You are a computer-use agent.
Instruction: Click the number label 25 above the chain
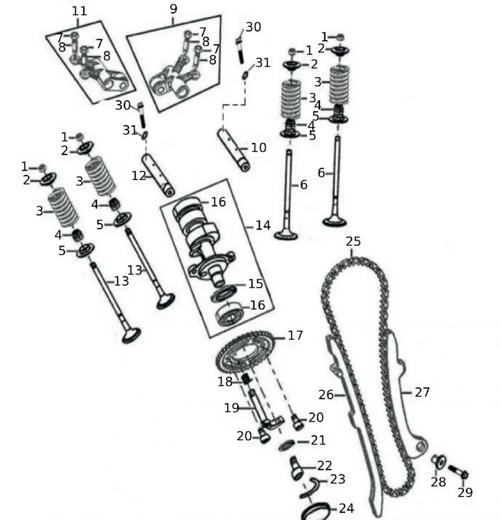coord(353,242)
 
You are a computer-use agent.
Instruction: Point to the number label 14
coord(262,225)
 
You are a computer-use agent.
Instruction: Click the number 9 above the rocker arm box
coord(173,9)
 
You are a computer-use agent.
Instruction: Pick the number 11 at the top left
coord(79,10)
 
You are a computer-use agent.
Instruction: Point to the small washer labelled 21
coord(286,445)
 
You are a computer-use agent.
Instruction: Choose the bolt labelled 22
coord(297,466)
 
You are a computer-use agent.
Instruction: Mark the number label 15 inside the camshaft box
coord(255,284)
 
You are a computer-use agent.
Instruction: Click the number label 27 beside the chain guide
coord(423,392)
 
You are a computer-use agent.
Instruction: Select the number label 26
coord(326,395)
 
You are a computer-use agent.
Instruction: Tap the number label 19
coord(231,408)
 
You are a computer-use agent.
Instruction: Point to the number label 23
coord(337,479)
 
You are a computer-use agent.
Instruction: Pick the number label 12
coord(139,176)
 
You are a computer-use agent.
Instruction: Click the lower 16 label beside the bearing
coord(258,305)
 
